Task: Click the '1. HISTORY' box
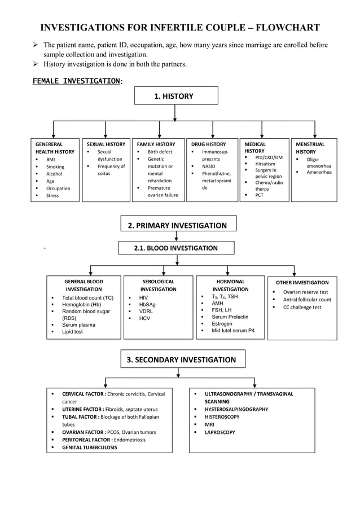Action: tap(176, 96)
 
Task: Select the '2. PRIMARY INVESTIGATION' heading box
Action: tap(178, 225)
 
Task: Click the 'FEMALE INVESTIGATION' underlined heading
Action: tap(76, 81)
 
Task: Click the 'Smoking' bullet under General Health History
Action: tap(55, 166)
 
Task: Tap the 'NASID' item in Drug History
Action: tap(210, 166)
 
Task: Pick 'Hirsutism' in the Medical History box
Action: tap(265, 164)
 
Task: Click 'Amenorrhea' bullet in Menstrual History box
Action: tap(319, 172)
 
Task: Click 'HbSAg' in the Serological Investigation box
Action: tap(147, 304)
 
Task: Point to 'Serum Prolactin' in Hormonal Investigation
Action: tap(230, 317)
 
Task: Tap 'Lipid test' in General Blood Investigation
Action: tap(72, 332)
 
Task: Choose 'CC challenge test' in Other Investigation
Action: tap(302, 308)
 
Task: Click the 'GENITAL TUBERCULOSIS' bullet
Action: tap(90, 447)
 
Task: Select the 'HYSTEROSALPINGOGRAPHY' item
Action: tap(236, 409)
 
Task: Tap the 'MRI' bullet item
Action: tap(209, 424)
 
